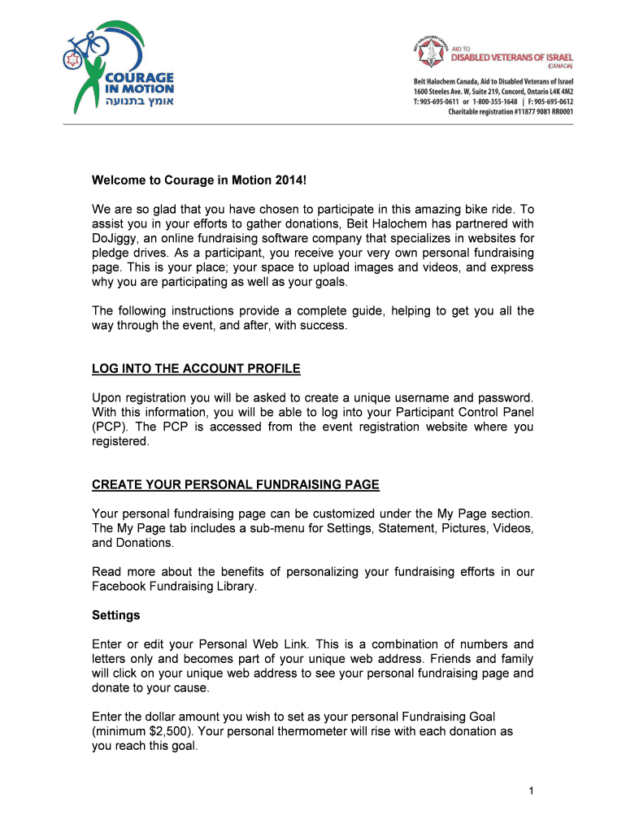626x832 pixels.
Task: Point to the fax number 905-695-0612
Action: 550,102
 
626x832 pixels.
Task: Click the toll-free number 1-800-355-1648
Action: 491,102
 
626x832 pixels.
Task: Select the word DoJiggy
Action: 116,238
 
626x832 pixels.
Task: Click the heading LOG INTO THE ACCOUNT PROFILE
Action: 196,369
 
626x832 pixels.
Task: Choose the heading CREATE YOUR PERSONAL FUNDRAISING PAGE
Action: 236,485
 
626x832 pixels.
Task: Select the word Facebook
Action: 119,586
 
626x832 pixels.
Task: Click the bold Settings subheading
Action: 116,615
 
